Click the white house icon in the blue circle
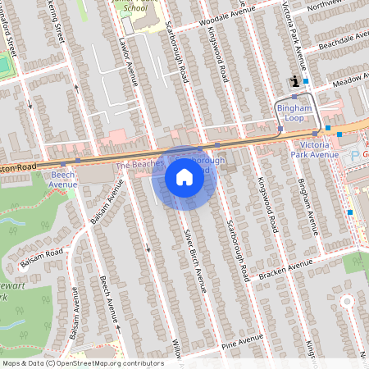pos(184,177)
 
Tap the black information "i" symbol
pos(294,80)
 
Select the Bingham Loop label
pos(294,112)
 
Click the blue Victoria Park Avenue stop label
pos(314,148)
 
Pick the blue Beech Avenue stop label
pos(62,179)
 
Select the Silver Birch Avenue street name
pos(194,257)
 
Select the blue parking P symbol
pos(354,154)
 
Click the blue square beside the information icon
pos(306,81)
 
